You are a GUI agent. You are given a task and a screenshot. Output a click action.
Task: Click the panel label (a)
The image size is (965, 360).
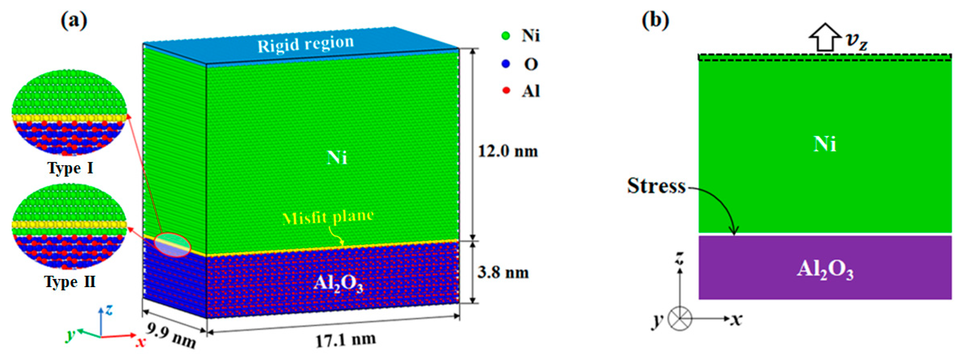pos(74,21)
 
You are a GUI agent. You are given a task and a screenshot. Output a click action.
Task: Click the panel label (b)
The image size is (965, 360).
pos(655,21)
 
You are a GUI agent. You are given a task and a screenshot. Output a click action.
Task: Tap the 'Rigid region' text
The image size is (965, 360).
pos(305,44)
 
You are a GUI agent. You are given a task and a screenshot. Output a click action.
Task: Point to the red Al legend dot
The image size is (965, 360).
pos(506,91)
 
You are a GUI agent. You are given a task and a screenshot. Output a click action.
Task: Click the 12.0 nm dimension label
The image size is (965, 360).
pos(508,151)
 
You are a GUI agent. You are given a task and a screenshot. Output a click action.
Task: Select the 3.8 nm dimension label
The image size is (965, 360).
pos(503,272)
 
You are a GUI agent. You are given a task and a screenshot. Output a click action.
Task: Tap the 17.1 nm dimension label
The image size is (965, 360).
pos(345,340)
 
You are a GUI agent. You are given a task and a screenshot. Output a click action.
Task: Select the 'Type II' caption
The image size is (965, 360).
pos(70,282)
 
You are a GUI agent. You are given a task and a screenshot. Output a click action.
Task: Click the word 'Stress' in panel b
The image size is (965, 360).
pos(656,186)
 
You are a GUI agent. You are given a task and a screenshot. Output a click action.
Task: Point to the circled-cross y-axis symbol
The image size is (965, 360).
pos(680,319)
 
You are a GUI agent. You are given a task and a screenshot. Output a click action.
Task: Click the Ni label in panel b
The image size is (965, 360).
pos(825,144)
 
